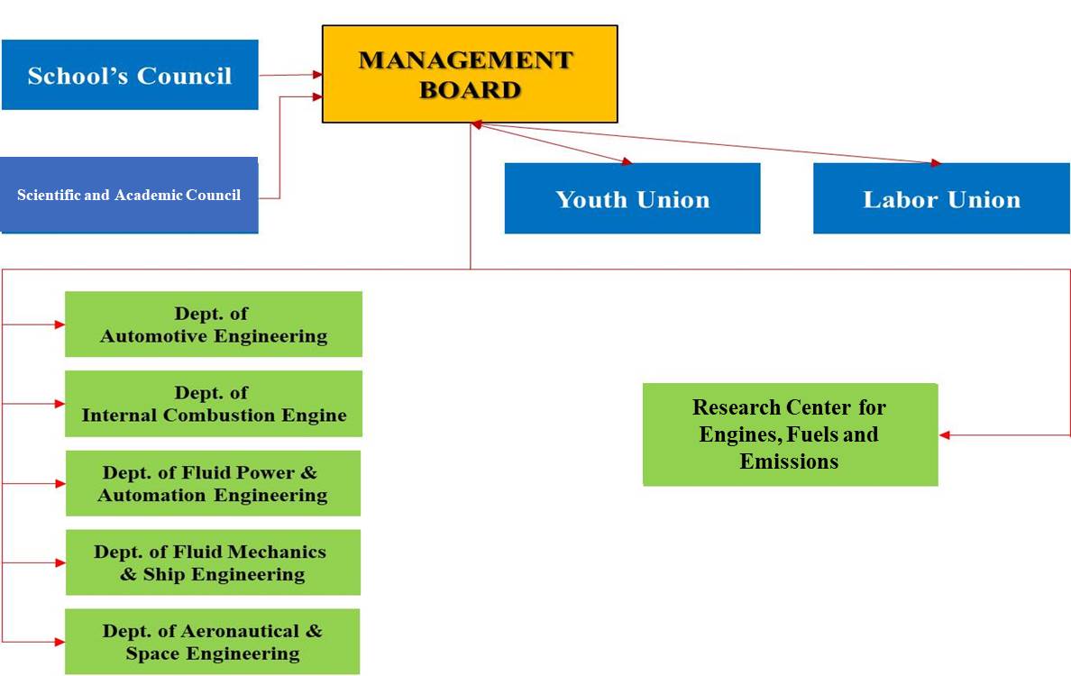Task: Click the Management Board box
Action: pyautogui.click(x=470, y=75)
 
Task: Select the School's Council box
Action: pyautogui.click(x=130, y=75)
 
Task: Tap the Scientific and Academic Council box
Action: pyautogui.click(x=129, y=196)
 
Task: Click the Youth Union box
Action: pyautogui.click(x=633, y=198)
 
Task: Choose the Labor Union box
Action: pyautogui.click(x=941, y=198)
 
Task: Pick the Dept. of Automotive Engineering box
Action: pyautogui.click(x=213, y=324)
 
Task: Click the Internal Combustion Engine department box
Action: pyautogui.click(x=213, y=404)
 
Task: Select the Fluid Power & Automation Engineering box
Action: pyautogui.click(x=213, y=483)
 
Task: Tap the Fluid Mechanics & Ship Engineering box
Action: pyautogui.click(x=213, y=562)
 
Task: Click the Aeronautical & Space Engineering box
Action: pyautogui.click(x=213, y=641)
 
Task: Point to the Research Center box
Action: pyautogui.click(x=791, y=434)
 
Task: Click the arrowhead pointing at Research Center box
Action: pyautogui.click(x=945, y=435)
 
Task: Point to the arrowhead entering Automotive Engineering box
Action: pyautogui.click(x=59, y=324)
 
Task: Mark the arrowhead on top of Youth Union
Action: pyautogui.click(x=627, y=161)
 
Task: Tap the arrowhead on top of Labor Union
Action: pyautogui.click(x=936, y=162)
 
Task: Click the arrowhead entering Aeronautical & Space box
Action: pyautogui.click(x=59, y=641)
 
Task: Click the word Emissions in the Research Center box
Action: pyautogui.click(x=789, y=461)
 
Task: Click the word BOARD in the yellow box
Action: pyautogui.click(x=470, y=90)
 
